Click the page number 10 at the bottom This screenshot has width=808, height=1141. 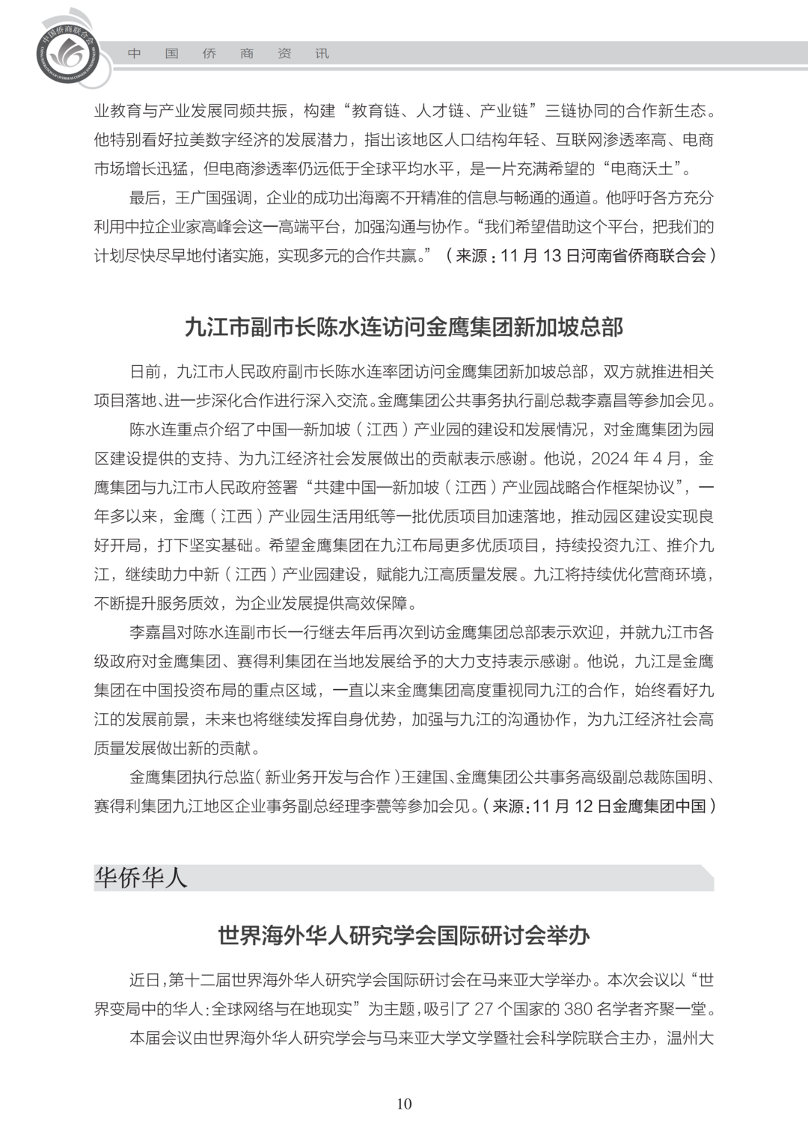coord(404,1104)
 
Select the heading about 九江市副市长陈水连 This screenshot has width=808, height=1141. coord(403,327)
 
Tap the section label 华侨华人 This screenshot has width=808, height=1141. coord(141,878)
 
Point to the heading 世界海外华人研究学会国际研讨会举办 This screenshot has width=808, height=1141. coord(403,935)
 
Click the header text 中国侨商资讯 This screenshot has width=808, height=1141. coord(228,54)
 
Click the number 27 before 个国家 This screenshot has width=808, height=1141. coord(484,1009)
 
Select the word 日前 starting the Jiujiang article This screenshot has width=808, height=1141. coord(144,372)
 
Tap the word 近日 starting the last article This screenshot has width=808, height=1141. coord(144,979)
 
